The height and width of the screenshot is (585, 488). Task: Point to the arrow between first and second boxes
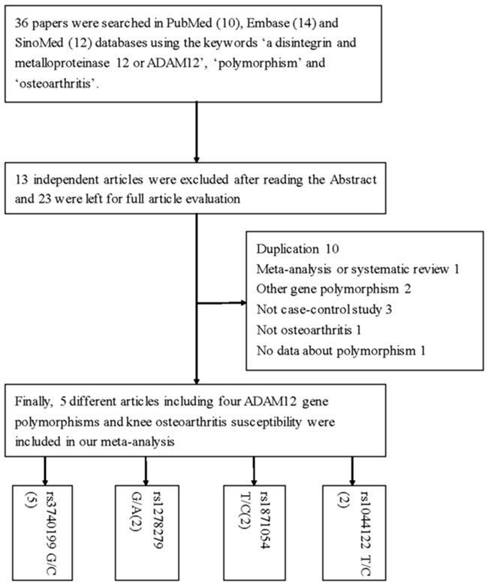pos(196,131)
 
